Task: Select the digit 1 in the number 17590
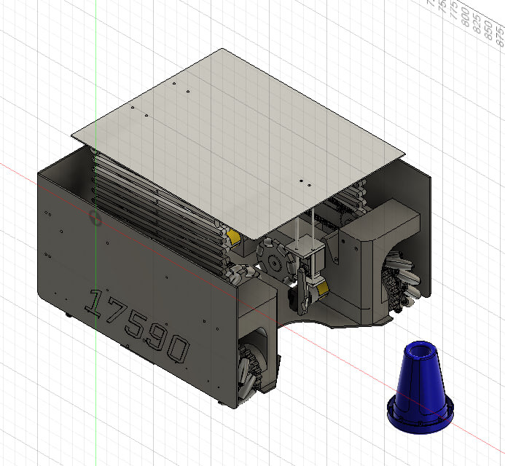[93, 301]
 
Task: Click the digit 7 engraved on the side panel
[112, 312]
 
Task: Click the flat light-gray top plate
[240, 131]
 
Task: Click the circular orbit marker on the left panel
[93, 217]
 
